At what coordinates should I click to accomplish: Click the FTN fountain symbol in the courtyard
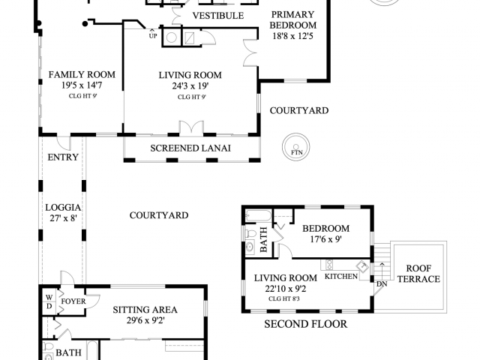click(x=295, y=147)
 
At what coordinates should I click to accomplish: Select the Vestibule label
click(x=217, y=16)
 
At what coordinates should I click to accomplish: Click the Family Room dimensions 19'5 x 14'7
click(x=82, y=86)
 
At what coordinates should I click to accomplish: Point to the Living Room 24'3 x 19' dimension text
click(x=190, y=86)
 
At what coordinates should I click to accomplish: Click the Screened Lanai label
click(x=190, y=148)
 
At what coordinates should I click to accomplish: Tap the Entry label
click(x=62, y=157)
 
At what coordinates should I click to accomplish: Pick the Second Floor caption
click(x=305, y=325)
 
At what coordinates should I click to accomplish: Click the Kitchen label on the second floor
click(x=340, y=277)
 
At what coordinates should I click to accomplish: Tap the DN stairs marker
click(x=381, y=283)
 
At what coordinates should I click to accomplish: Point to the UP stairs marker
click(x=153, y=35)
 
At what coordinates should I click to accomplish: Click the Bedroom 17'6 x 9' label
click(x=325, y=234)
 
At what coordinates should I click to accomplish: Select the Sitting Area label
click(x=145, y=309)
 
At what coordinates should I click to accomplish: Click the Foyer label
click(x=73, y=301)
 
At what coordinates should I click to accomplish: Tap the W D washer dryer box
click(x=49, y=301)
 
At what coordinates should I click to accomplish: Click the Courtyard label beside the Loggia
click(x=158, y=215)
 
